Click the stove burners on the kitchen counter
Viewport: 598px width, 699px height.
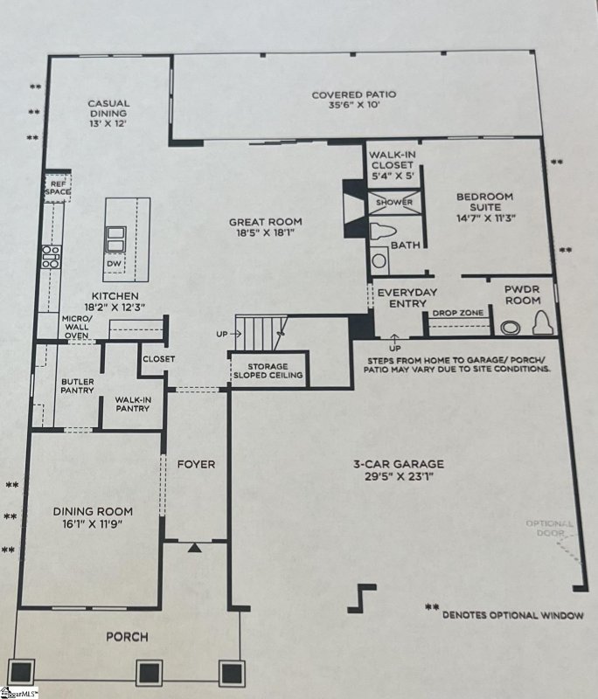(51, 255)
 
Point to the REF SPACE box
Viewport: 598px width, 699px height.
(58, 187)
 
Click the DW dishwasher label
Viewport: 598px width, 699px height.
(114, 263)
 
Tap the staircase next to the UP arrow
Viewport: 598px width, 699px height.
(261, 333)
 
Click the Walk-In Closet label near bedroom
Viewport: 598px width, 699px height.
(391, 164)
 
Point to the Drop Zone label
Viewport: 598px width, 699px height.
(453, 313)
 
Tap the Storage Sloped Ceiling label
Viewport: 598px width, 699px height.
(267, 370)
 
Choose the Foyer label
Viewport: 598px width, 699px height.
(197, 464)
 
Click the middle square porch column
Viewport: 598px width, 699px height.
(148, 672)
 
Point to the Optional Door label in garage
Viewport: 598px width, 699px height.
(549, 529)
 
